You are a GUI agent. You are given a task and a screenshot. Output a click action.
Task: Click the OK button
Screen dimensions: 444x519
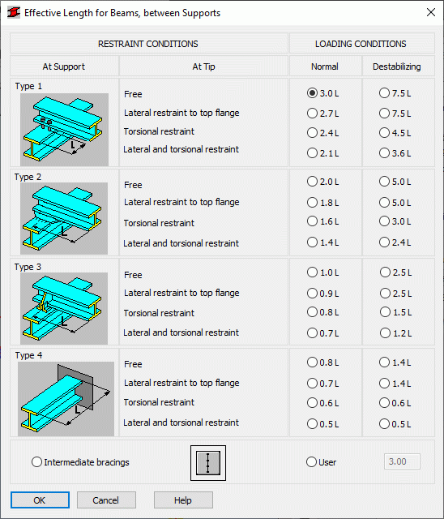(x=40, y=500)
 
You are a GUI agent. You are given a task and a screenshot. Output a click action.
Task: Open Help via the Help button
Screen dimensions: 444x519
(x=183, y=500)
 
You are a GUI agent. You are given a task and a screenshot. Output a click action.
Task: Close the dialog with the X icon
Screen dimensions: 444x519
(x=431, y=13)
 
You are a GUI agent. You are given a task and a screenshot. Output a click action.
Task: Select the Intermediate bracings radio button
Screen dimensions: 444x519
(x=36, y=461)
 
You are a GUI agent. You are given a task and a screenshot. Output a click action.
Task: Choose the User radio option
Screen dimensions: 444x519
(x=311, y=461)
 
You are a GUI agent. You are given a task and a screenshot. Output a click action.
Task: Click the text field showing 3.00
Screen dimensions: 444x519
(x=402, y=461)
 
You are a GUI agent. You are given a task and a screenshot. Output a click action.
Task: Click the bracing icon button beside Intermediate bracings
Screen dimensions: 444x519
(x=208, y=463)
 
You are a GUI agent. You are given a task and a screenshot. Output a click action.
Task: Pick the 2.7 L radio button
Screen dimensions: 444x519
(x=312, y=114)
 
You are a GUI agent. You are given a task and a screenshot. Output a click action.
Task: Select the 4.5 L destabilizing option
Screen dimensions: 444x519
(x=384, y=133)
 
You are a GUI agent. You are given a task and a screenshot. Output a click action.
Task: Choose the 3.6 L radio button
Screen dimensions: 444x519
(x=384, y=153)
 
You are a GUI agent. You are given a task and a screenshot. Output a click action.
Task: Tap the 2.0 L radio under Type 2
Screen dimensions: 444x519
(x=312, y=182)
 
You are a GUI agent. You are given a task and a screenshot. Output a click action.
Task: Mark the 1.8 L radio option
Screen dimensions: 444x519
(x=312, y=202)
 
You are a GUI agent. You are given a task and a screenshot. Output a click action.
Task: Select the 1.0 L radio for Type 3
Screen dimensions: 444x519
(x=312, y=272)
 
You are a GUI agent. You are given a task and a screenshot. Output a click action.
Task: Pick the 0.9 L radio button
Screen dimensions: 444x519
(x=312, y=294)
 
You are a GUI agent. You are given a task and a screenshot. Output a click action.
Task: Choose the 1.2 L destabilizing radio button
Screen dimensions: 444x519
(x=385, y=332)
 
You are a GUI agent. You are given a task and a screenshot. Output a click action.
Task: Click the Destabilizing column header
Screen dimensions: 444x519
(x=397, y=66)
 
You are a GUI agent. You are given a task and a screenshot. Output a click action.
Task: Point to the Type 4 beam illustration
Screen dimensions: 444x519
(x=66, y=398)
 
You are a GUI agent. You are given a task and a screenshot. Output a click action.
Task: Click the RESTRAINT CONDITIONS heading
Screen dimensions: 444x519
(x=148, y=44)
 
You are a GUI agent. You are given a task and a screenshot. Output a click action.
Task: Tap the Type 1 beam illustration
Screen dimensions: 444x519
(x=64, y=130)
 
